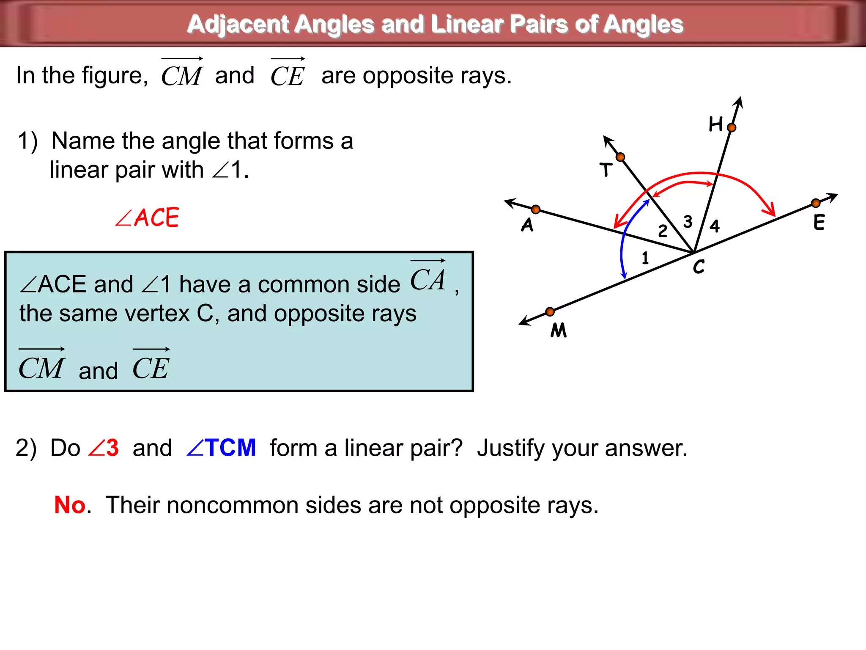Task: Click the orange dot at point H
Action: tap(732, 127)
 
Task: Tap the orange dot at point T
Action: tap(620, 157)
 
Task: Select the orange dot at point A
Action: tap(536, 209)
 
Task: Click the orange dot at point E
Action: tap(816, 204)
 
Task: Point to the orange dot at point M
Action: tap(550, 312)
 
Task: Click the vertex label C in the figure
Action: tap(699, 267)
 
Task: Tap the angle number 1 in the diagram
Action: tap(645, 258)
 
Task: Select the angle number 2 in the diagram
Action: tap(663, 231)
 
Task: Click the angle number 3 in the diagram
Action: tap(688, 222)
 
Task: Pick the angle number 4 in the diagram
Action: tap(715, 226)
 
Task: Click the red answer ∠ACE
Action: tap(147, 218)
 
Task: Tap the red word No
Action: tap(70, 505)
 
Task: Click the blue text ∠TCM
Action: tap(221, 448)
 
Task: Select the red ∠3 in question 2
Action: tap(104, 448)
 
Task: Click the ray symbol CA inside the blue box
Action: tap(428, 277)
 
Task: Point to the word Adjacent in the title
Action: tap(238, 24)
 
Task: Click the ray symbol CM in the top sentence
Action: tap(182, 74)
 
